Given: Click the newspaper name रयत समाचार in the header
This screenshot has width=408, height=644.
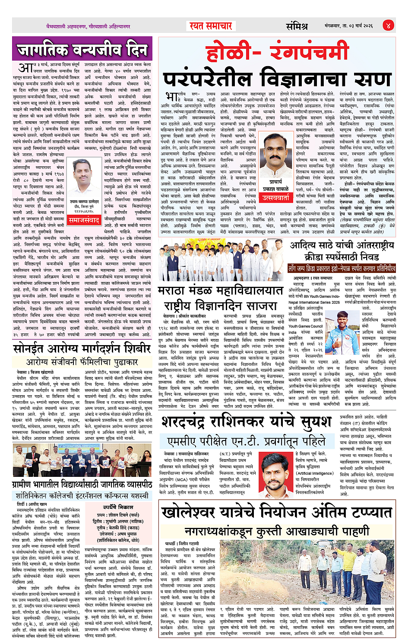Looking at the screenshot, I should (211, 26).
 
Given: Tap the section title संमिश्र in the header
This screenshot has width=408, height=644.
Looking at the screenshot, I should (297, 26).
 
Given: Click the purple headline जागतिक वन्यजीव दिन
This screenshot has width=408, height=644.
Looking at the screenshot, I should (82, 50).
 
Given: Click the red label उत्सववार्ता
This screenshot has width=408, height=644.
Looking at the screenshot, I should (276, 197).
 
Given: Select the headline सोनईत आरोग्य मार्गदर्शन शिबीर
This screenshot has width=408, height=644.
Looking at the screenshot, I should (82, 348).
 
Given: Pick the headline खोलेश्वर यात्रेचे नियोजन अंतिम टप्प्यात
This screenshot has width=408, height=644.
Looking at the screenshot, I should (277, 513).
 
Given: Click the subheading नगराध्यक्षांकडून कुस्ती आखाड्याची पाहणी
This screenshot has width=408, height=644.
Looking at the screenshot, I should (277, 531).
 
